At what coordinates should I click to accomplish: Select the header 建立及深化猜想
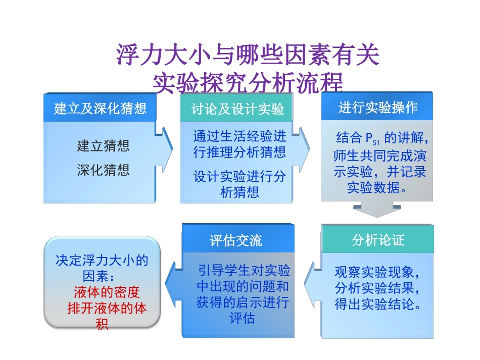pyautogui.click(x=100, y=109)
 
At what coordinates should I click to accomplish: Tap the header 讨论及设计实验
pyautogui.click(x=237, y=109)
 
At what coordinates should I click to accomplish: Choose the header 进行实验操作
pyautogui.click(x=378, y=108)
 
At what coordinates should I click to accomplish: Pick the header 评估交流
pyautogui.click(x=236, y=240)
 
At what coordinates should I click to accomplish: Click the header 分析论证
pyautogui.click(x=378, y=240)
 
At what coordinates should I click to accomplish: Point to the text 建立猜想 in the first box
pyautogui.click(x=103, y=146)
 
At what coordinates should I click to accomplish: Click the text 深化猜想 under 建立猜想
pyautogui.click(x=103, y=170)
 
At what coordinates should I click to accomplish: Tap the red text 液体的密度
pyautogui.click(x=107, y=293)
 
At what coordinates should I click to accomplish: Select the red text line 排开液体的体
pyautogui.click(x=107, y=308)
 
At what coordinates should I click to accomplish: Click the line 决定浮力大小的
pyautogui.click(x=102, y=261)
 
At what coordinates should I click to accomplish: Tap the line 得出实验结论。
pyautogui.click(x=377, y=304)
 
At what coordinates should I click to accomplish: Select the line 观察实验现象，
pyautogui.click(x=377, y=273)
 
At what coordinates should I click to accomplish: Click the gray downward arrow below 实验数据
pyautogui.click(x=377, y=208)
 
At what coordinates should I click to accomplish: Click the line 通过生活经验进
pyautogui.click(x=239, y=136)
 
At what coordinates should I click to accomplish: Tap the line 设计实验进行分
pyautogui.click(x=239, y=176)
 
